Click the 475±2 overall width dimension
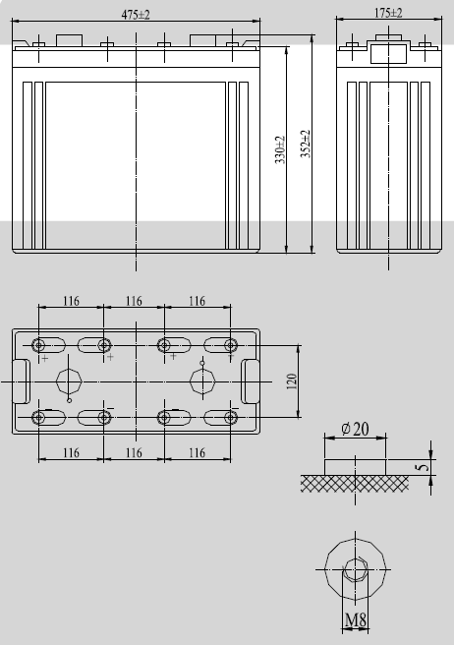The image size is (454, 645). coord(135,14)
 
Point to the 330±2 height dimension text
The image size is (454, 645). coord(280,153)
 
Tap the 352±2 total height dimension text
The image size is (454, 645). coord(306,146)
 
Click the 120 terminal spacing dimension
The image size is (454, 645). coord(291,381)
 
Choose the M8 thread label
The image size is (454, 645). coord(356,619)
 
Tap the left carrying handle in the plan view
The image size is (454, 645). coord(19,381)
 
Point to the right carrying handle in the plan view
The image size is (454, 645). coord(251,381)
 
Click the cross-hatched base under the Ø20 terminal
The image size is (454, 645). coord(354,483)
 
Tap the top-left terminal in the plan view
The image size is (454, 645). coord(39,345)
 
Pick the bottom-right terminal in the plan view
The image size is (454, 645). coord(230,418)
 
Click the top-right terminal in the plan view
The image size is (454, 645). coord(230,345)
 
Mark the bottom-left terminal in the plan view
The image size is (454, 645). coord(39,418)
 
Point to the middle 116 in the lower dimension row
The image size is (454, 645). coord(135,452)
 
